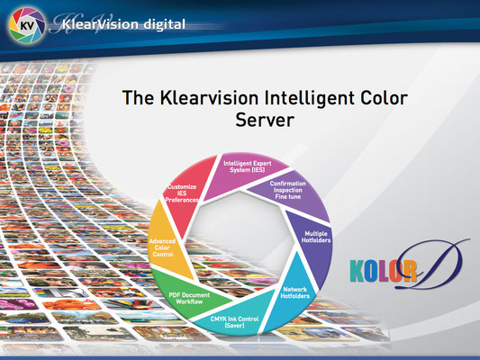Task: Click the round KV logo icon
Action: pos(27,25)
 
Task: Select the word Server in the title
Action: pos(265,120)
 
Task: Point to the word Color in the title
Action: pos(384,98)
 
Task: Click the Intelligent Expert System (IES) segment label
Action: pos(248,166)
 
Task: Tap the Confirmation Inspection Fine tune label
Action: pos(288,190)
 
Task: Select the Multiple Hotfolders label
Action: pos(316,237)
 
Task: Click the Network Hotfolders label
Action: pos(295,292)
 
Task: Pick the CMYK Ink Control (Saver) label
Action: pos(234,322)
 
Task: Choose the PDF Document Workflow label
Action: pos(189,298)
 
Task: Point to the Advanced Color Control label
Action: pos(162,247)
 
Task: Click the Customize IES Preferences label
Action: pos(182,193)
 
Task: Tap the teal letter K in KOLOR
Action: pos(358,271)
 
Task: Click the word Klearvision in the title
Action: pos(209,98)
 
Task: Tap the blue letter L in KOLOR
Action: pos(386,271)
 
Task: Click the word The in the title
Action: pos(138,98)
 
